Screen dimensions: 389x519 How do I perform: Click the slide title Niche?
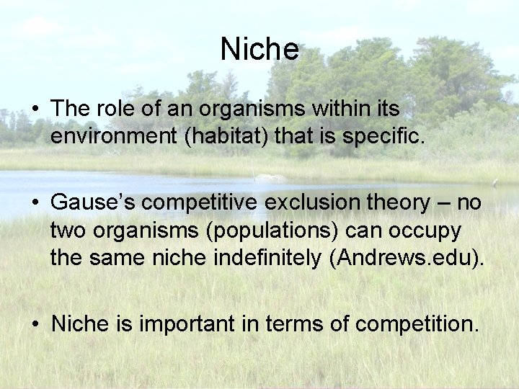[x=259, y=50]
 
